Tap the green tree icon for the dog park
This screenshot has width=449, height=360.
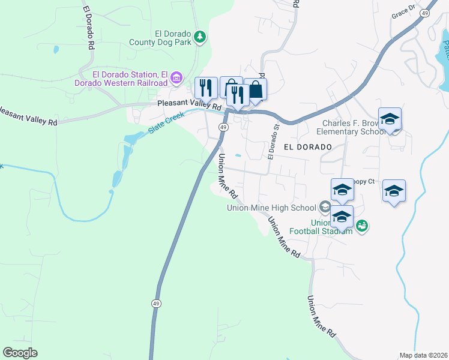200,37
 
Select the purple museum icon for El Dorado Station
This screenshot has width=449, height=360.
176,77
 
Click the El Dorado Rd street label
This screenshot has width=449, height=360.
88,28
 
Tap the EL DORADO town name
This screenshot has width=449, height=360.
308,147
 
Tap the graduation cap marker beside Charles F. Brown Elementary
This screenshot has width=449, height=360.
390,119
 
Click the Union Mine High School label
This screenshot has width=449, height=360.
271,208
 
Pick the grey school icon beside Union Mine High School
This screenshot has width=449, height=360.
325,208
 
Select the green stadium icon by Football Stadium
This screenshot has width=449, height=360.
361,226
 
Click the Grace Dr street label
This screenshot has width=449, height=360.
403,11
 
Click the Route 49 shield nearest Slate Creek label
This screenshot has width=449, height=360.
223,128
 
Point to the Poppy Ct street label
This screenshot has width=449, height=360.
364,181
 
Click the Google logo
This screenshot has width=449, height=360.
20,353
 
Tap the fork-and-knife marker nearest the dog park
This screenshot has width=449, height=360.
206,88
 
